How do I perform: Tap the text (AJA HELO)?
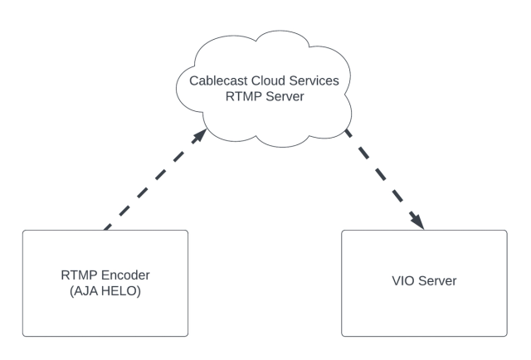tap(105, 291)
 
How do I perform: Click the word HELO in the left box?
tap(120, 291)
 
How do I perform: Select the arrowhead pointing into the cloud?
tap(200, 134)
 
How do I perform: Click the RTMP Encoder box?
tap(105, 315)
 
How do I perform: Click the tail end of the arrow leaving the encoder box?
tap(106, 227)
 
